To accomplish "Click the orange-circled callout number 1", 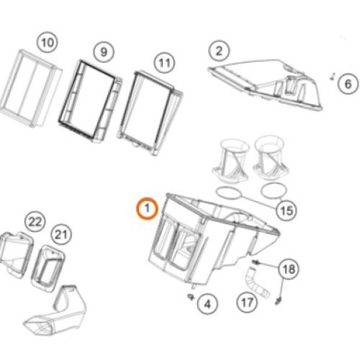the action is coord(147,208).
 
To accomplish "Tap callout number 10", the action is coord(48,42).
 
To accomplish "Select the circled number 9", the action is coord(104,52).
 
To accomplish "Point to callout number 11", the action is coord(164,63).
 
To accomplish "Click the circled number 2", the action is coord(219,51).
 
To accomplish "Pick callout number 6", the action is coord(348,84).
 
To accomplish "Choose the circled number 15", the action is coord(287,211).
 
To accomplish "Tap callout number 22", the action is coord(35,222).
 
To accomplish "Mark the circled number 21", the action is coord(61,235).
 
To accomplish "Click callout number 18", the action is coord(289,269).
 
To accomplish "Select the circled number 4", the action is coord(207,304).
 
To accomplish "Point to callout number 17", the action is coord(247,302).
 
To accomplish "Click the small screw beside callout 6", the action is coord(333,77).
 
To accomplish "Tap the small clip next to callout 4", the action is coord(191,297).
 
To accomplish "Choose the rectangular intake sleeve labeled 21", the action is coord(48,269).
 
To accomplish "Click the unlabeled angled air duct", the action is coord(56,311).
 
